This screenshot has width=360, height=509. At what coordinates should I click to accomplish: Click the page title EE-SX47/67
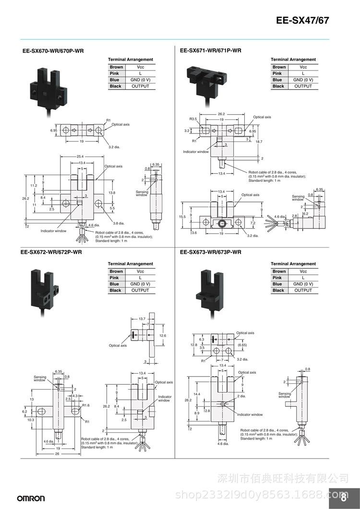click(302, 21)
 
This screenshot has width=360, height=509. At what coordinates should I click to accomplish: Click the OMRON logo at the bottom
click(31, 498)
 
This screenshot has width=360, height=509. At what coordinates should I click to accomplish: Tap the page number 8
click(343, 497)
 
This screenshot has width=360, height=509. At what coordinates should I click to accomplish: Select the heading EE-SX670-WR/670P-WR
click(53, 51)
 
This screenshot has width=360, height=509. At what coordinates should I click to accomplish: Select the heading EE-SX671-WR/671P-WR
click(211, 50)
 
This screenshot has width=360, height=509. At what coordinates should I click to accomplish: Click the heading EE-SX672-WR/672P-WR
click(51, 252)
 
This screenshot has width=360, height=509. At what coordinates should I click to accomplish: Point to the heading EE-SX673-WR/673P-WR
click(211, 252)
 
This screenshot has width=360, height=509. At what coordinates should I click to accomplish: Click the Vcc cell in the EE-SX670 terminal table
click(140, 67)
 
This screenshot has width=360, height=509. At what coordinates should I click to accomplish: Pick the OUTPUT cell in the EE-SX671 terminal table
click(303, 86)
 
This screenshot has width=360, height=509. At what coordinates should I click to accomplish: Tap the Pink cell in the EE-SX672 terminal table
click(114, 278)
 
